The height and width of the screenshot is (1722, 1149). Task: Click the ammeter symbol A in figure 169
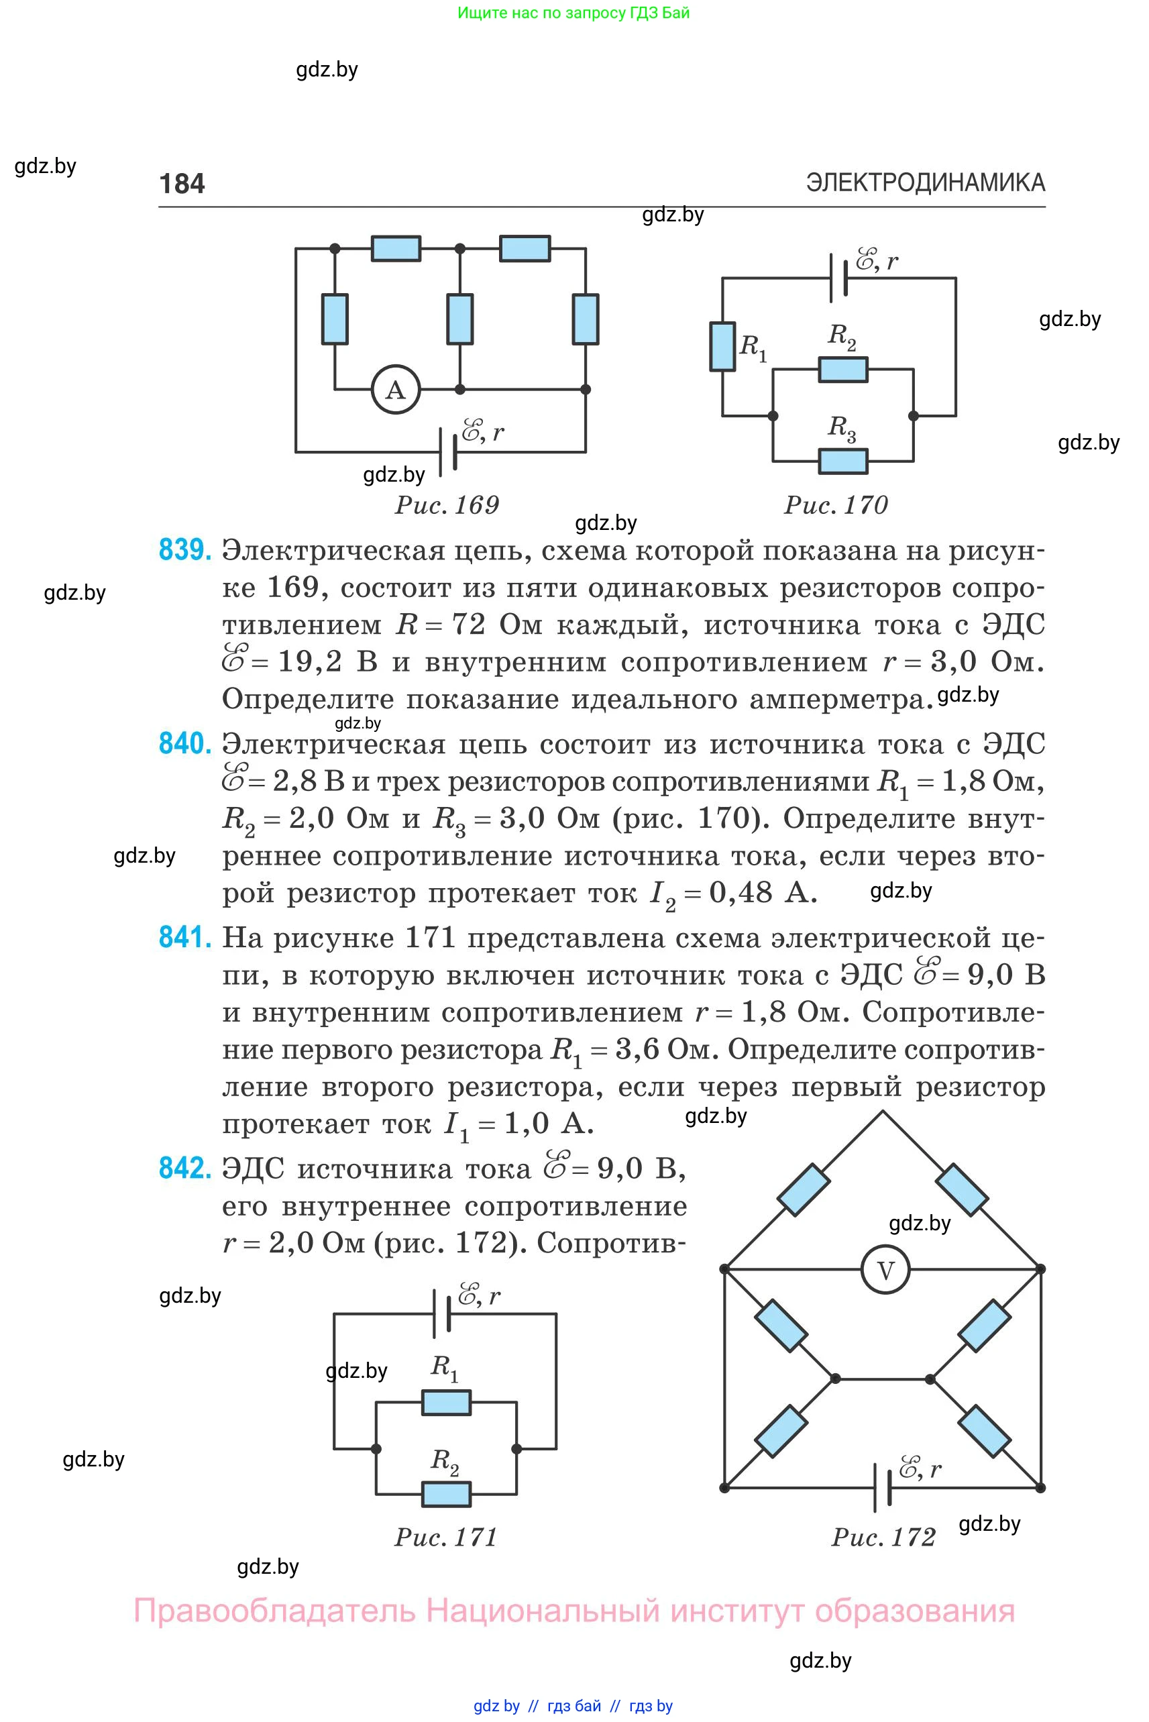396,390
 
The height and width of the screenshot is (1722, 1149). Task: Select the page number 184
182,183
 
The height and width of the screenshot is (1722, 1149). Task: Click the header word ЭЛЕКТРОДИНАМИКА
926,182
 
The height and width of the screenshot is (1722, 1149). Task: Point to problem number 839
185,549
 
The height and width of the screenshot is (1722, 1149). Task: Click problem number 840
185,744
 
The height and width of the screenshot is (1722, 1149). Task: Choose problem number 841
185,937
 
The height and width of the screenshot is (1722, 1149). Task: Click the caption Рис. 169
447,505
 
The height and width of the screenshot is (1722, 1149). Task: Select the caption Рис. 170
836,505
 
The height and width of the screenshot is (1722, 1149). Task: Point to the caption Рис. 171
446,1537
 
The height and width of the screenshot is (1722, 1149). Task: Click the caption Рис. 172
884,1537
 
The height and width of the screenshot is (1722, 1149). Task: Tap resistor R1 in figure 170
722,346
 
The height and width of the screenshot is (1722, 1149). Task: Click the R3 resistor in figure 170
843,461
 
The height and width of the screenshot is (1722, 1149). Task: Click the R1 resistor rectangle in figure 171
447,1403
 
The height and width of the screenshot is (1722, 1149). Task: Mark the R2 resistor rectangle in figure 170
843,370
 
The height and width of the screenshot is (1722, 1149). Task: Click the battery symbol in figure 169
448,451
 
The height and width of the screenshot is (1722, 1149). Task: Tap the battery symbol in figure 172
882,1487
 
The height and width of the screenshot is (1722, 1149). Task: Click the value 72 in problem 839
468,625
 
